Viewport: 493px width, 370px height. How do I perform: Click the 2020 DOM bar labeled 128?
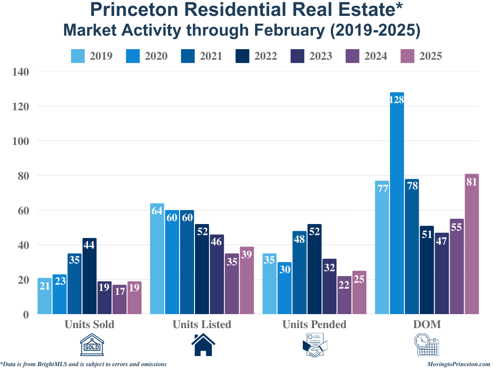tap(397, 202)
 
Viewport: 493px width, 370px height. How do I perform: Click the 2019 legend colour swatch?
tap(78, 56)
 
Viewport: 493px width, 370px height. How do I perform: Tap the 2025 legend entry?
tap(421, 56)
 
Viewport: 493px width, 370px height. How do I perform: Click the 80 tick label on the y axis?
tap(23, 176)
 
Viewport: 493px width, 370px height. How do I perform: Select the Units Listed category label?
tap(202, 324)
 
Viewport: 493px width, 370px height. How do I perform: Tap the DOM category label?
tap(427, 324)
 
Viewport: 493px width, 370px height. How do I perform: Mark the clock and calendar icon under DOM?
tap(427, 345)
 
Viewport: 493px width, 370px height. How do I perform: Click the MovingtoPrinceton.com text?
tap(458, 364)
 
